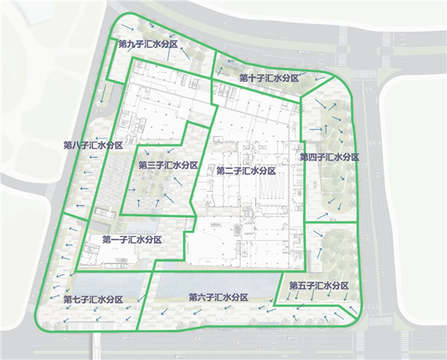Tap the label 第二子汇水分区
pyautogui.click(x=247, y=171)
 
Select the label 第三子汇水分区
pyautogui.click(x=168, y=165)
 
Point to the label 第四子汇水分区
pyautogui.click(x=330, y=157)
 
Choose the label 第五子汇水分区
pyautogui.click(x=319, y=285)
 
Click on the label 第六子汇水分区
pyautogui.click(x=219, y=297)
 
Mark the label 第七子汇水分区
pyautogui.click(x=94, y=299)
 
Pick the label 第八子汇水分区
pyautogui.click(x=93, y=145)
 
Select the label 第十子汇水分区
pyautogui.click(x=269, y=78)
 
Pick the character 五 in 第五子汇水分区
pyautogui.click(x=302, y=285)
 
